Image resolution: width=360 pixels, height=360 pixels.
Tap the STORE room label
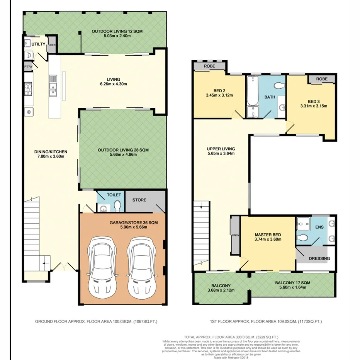(x=139, y=200)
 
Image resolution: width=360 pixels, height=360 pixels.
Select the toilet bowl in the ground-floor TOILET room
(x=117, y=205)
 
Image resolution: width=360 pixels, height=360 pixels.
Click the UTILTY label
(x=38, y=44)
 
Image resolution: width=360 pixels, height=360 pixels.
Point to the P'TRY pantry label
(x=28, y=67)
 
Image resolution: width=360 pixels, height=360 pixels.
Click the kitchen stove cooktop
(x=29, y=90)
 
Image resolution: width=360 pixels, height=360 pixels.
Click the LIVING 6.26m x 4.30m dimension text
(x=114, y=84)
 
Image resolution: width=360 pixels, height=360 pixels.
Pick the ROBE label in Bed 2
(x=210, y=66)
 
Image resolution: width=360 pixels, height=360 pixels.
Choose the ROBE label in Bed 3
(x=321, y=79)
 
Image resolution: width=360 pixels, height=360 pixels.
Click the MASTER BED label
(x=268, y=234)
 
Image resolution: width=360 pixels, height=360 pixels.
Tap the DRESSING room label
(x=319, y=258)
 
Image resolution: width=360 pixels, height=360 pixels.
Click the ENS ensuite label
(x=319, y=228)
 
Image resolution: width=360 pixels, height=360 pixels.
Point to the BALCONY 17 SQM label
(x=292, y=282)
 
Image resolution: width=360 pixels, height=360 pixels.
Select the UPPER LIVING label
(x=221, y=149)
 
